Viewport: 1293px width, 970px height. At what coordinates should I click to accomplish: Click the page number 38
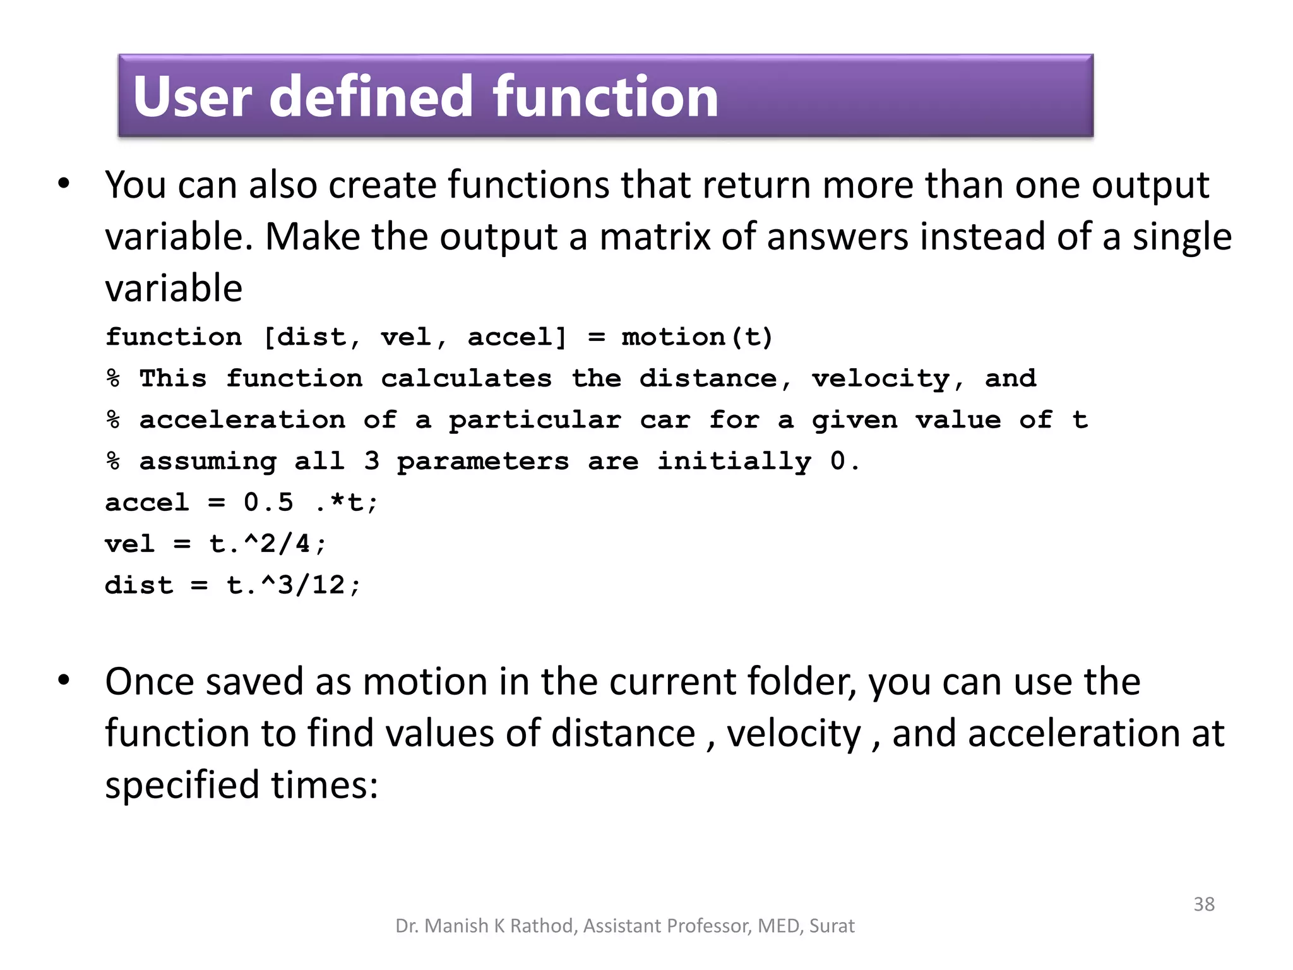1203,904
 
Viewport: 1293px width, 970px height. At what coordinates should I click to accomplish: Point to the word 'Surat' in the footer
831,926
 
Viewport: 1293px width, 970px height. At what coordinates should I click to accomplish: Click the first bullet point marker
64,184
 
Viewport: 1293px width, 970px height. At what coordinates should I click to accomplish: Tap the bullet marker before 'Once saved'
64,681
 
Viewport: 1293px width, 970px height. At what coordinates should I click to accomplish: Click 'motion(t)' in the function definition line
697,337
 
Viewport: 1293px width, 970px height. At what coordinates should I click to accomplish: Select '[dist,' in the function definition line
313,337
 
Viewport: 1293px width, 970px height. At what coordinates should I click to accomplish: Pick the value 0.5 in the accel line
268,503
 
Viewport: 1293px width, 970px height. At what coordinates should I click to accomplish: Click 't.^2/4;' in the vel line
268,544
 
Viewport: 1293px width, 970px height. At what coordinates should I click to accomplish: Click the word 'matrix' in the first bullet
655,237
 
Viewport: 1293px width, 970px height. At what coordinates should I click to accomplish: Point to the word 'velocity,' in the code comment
888,379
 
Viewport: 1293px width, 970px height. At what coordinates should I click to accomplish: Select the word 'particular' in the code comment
535,421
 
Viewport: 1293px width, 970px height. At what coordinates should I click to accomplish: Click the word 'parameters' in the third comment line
483,462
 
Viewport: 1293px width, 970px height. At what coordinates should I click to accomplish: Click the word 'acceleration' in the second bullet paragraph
1073,734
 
